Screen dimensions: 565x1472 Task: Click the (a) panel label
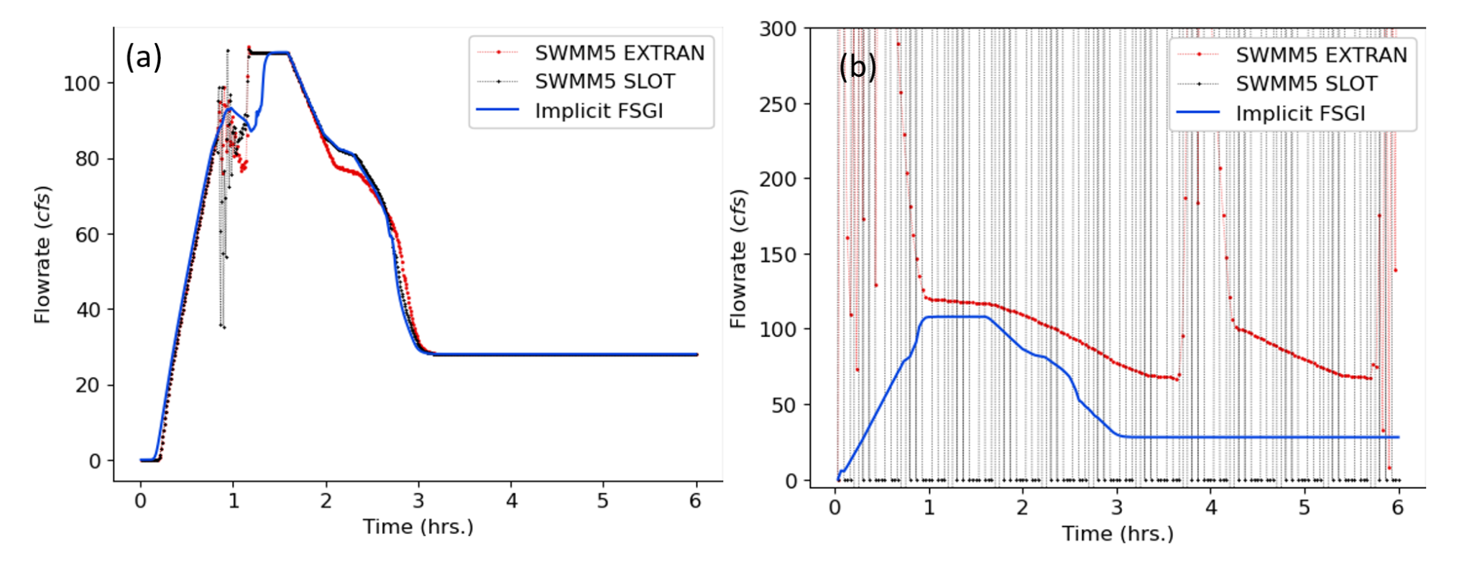(144, 57)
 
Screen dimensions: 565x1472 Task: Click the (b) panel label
(857, 67)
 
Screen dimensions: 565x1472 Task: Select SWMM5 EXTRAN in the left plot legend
(619, 53)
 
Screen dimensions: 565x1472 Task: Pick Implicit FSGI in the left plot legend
(598, 111)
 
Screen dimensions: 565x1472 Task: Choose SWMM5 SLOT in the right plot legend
(1306, 84)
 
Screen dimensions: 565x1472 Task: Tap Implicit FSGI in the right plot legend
(1299, 114)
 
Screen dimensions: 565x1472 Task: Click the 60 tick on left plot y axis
(87, 235)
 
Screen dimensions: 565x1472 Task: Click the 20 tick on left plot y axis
(87, 386)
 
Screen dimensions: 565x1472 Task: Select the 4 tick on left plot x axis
(511, 501)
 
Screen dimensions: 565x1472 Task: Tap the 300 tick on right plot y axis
(778, 29)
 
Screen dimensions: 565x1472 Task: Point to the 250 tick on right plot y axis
(778, 105)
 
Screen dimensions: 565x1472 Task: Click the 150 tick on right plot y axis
(778, 255)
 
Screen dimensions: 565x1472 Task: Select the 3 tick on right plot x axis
(1116, 508)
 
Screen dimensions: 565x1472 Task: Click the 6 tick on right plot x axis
(1397, 508)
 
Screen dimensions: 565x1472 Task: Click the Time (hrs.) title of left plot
(418, 527)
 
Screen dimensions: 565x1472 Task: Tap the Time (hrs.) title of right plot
(1118, 534)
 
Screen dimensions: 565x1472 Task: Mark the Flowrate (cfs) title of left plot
(43, 255)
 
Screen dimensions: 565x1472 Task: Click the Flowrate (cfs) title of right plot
(738, 259)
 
